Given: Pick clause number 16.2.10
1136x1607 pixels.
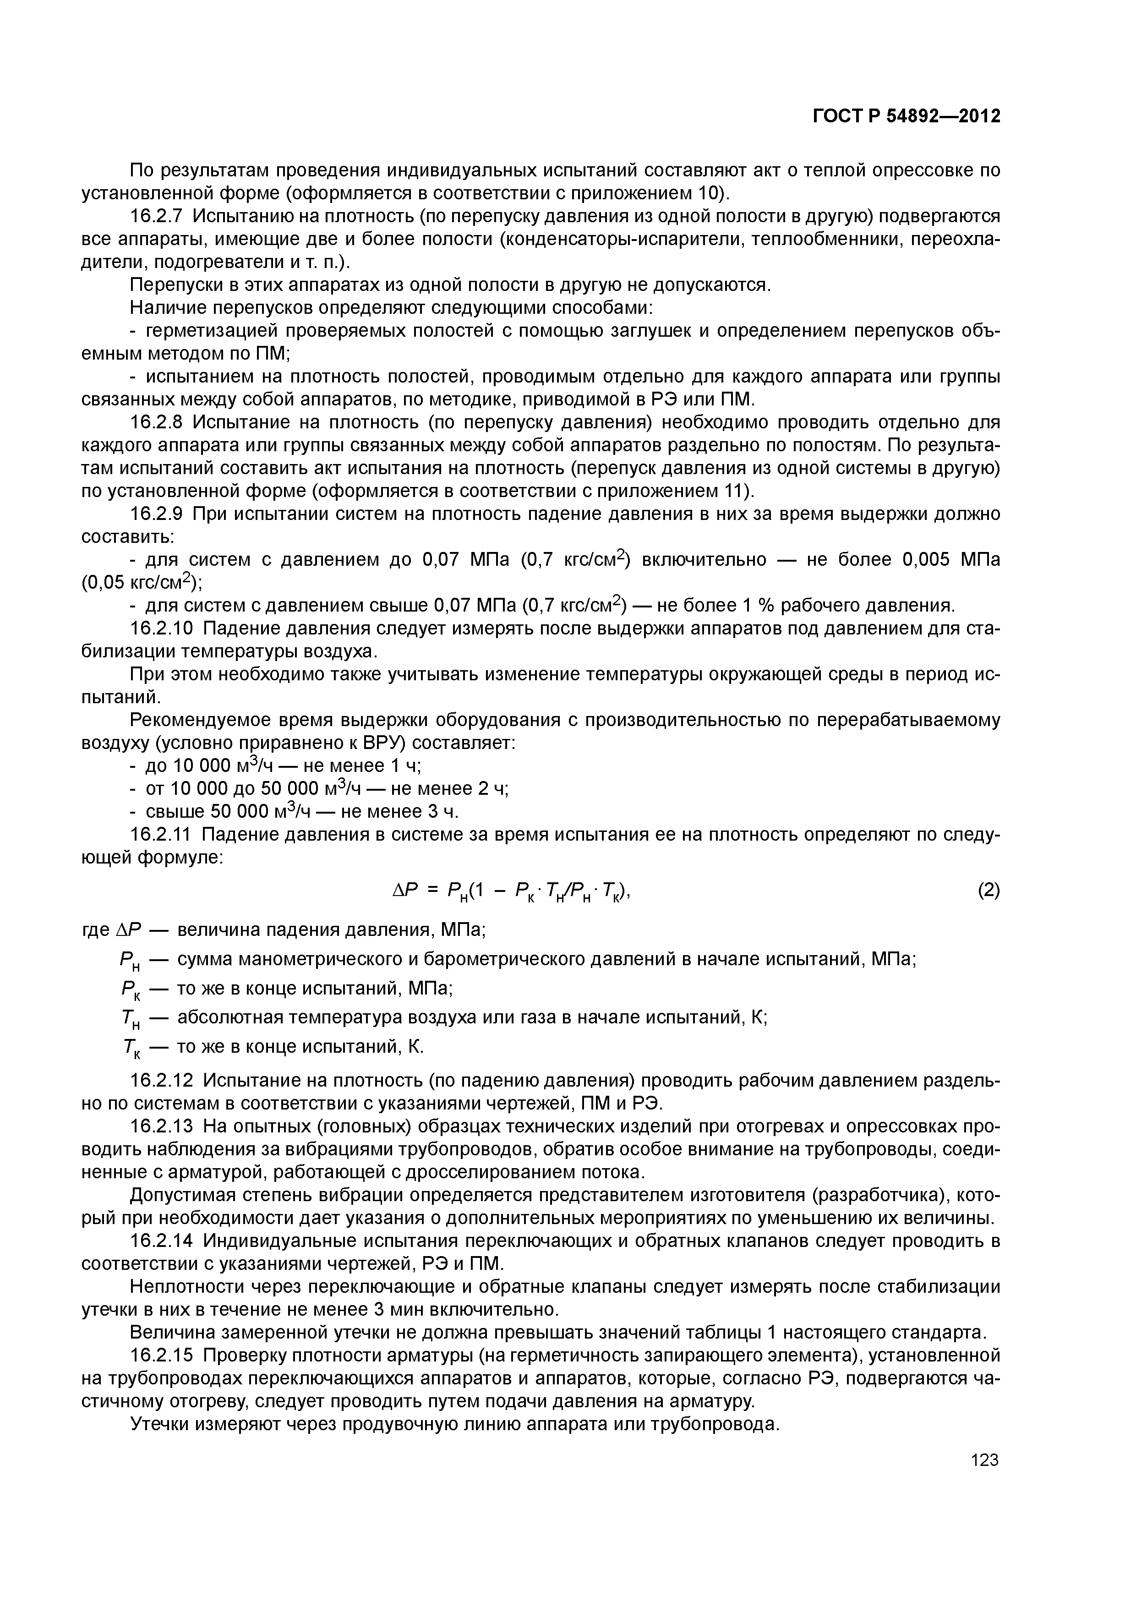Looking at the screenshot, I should tap(163, 629).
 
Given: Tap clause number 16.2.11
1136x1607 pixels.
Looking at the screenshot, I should tap(163, 834).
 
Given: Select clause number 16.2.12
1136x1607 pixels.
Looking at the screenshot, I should tap(163, 1081).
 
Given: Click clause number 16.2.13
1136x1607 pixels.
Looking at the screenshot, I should tap(163, 1126).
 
